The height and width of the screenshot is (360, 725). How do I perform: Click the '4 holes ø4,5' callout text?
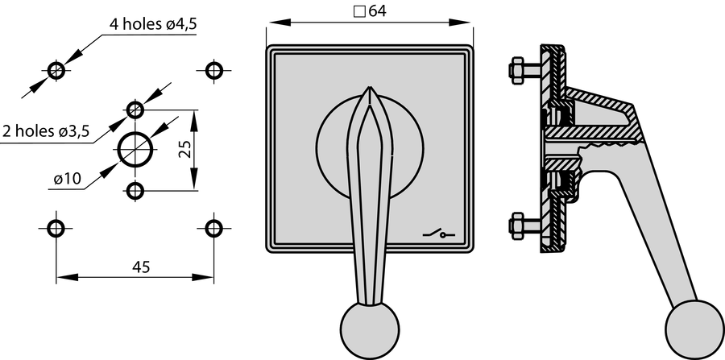(x=152, y=24)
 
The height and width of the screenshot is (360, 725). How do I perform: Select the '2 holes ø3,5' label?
(x=46, y=131)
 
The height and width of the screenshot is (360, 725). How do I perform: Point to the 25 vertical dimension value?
(x=185, y=149)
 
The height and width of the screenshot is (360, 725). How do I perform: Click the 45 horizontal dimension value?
(x=141, y=267)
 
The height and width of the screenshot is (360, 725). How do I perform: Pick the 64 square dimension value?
(x=378, y=11)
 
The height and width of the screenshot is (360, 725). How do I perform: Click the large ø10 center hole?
(x=135, y=149)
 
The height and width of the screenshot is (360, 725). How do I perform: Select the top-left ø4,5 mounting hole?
(x=56, y=70)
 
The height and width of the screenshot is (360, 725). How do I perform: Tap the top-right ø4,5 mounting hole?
(x=213, y=70)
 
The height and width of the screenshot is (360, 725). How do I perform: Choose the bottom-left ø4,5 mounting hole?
(x=56, y=228)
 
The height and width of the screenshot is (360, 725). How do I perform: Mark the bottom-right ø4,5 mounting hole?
(x=213, y=228)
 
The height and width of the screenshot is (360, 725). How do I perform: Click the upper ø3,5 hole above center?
(x=135, y=110)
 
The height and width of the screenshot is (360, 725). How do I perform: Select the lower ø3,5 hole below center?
(x=135, y=190)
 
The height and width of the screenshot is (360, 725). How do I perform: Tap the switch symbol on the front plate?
(x=439, y=234)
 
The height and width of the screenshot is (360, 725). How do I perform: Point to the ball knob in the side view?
(x=695, y=329)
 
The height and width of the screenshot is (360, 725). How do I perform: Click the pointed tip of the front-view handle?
(x=370, y=87)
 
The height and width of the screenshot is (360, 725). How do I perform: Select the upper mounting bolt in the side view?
(x=526, y=70)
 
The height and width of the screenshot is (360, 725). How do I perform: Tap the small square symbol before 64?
(x=359, y=11)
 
